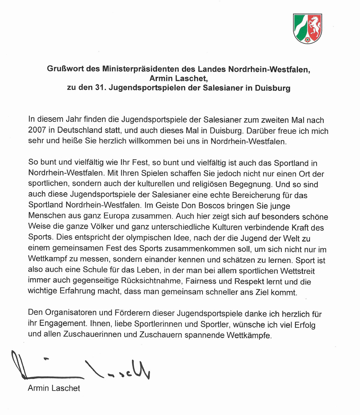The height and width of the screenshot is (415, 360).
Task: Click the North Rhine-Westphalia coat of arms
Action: [307, 29]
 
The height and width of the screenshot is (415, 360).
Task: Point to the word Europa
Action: [116, 216]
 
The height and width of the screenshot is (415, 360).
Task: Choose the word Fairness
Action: [201, 281]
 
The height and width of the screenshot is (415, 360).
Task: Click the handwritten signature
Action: [79, 366]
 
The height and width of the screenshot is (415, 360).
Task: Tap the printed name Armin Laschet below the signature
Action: [54, 388]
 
